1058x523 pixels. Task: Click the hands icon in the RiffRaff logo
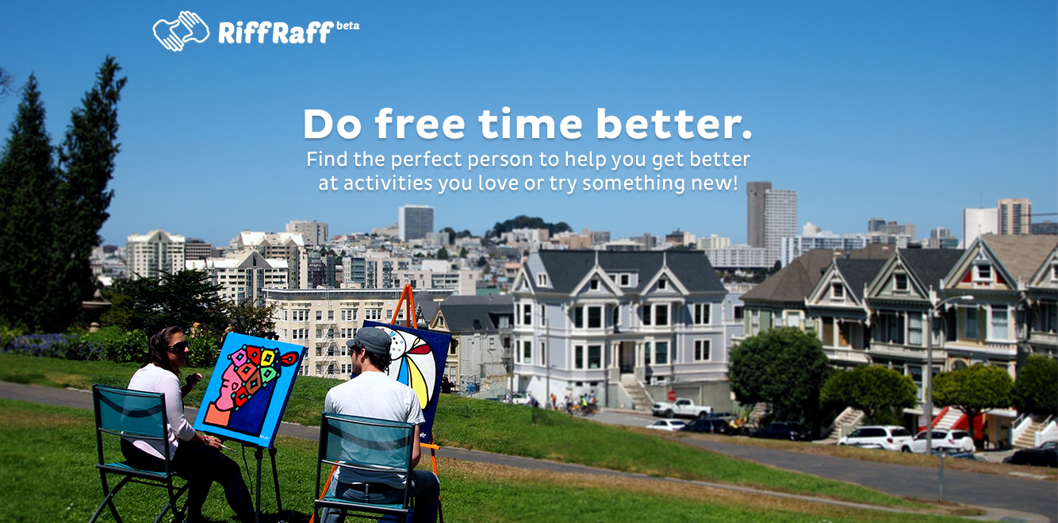click(x=181, y=31)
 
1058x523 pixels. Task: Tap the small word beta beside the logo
click(x=347, y=25)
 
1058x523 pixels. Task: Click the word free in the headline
click(x=420, y=124)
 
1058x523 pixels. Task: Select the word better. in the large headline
click(x=674, y=124)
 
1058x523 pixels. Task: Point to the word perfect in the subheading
click(x=427, y=160)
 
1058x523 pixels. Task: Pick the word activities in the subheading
click(x=388, y=183)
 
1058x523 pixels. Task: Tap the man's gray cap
click(x=370, y=340)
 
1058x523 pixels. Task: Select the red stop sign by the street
click(x=672, y=395)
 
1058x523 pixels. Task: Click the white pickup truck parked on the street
click(x=681, y=408)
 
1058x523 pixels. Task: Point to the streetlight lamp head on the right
click(x=963, y=298)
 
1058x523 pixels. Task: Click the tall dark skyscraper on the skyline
click(x=758, y=215)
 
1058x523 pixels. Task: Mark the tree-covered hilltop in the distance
click(x=527, y=225)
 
